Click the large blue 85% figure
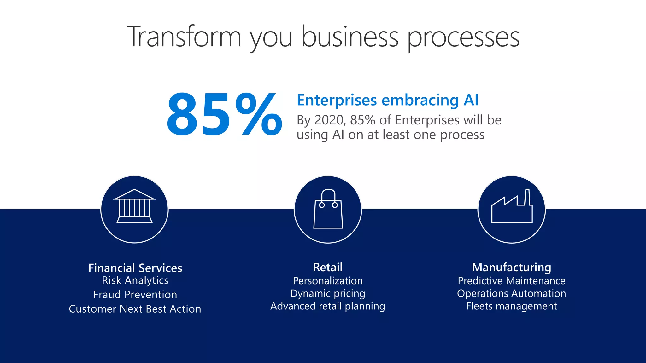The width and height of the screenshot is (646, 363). click(x=224, y=115)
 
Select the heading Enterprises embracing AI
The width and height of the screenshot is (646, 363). click(x=387, y=100)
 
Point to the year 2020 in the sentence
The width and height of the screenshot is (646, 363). click(x=329, y=120)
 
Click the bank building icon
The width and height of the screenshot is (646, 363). click(x=134, y=207)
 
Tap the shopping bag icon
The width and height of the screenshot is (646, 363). click(x=328, y=209)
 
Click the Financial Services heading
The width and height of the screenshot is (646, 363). click(x=135, y=268)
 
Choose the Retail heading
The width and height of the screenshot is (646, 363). click(x=327, y=267)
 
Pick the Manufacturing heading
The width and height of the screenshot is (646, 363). click(x=511, y=267)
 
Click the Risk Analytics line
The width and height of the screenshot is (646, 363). click(x=135, y=280)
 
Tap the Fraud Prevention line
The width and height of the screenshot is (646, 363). click(x=135, y=295)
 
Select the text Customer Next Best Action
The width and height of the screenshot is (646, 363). click(x=135, y=309)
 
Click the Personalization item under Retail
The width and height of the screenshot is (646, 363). click(x=327, y=281)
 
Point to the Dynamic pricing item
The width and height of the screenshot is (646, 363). click(x=327, y=293)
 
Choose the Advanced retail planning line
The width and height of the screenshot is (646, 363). click(x=327, y=306)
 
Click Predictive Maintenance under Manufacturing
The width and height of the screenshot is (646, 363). click(x=511, y=281)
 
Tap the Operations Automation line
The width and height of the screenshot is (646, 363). click(x=511, y=293)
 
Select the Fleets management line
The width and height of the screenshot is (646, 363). click(x=511, y=306)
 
